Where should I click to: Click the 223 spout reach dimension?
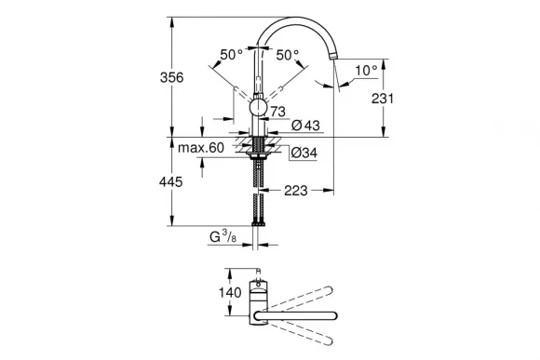point(295,191)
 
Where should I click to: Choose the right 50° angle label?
point(288,55)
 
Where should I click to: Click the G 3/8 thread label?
point(223,239)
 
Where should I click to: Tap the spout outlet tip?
point(332,64)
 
